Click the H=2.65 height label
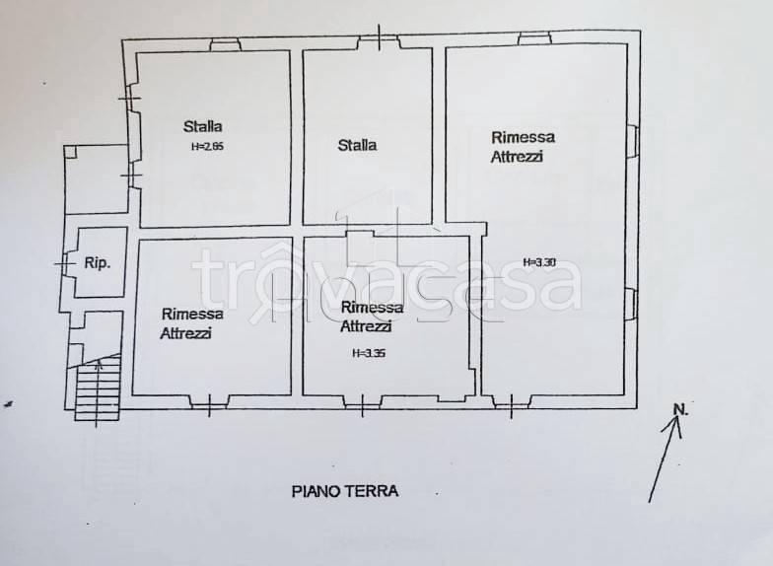[208, 147]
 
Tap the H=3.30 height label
[540, 262]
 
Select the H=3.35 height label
[368, 352]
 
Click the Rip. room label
[97, 263]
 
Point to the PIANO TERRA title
[345, 490]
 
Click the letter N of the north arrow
[678, 408]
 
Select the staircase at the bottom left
[98, 389]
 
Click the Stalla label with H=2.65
[203, 126]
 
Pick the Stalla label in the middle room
[357, 145]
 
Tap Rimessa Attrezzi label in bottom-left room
[192, 323]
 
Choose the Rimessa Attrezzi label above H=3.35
[367, 317]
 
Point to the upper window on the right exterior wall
[633, 141]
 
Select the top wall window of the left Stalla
[225, 44]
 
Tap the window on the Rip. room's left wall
[65, 264]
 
